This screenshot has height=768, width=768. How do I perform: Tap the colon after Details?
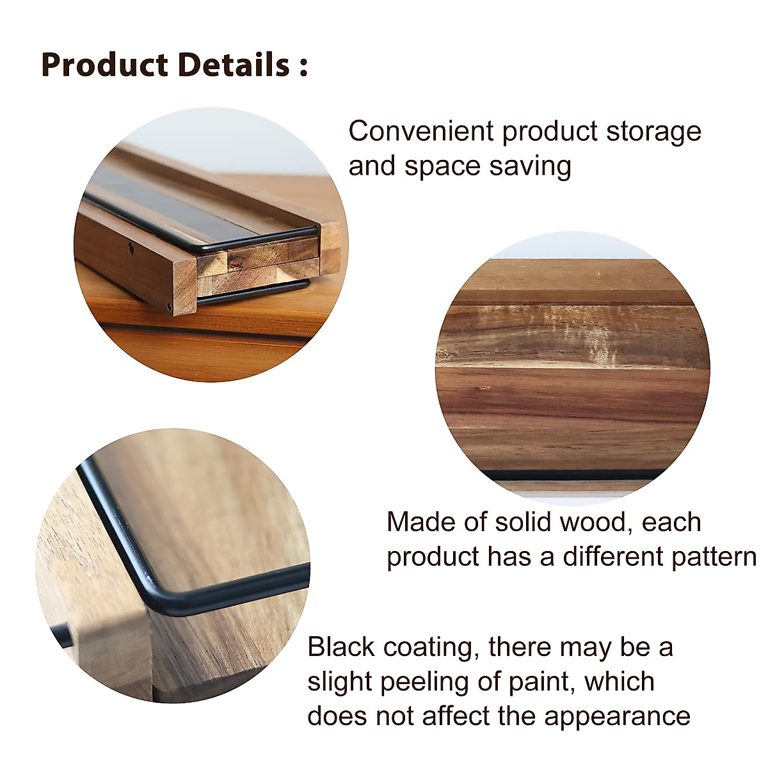pos(303,67)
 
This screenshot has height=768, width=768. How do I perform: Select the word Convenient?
pos(421,131)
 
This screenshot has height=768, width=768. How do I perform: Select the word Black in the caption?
pos(340,647)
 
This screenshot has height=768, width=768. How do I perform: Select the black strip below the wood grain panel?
pos(570,475)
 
